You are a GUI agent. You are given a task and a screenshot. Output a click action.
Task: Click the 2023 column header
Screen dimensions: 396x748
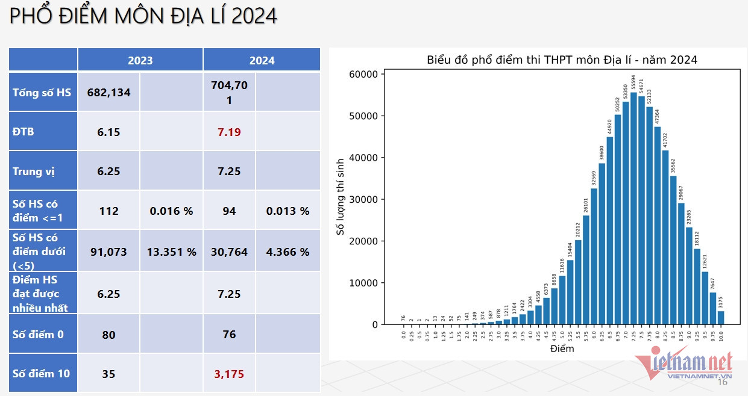140,60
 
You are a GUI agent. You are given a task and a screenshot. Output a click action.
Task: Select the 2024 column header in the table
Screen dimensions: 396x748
262,60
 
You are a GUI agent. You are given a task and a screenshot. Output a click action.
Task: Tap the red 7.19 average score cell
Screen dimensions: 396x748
229,131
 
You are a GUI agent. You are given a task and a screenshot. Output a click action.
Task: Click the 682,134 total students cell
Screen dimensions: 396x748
108,92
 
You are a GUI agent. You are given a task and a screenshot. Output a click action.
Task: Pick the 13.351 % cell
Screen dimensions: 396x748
172,252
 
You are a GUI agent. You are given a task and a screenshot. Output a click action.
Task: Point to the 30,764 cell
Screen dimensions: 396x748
229,252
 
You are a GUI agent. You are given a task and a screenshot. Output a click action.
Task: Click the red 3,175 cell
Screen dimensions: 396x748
229,374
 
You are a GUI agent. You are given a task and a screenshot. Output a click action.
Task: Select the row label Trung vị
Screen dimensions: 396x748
34,172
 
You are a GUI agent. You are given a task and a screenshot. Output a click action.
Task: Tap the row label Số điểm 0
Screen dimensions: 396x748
38,334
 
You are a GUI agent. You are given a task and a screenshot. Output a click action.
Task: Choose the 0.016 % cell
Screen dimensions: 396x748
172,211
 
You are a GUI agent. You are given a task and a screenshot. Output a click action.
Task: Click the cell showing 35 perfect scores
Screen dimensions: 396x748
108,374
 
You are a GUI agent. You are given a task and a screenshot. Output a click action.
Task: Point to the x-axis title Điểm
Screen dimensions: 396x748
562,348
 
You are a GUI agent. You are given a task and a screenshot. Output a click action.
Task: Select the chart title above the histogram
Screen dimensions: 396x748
562,60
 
